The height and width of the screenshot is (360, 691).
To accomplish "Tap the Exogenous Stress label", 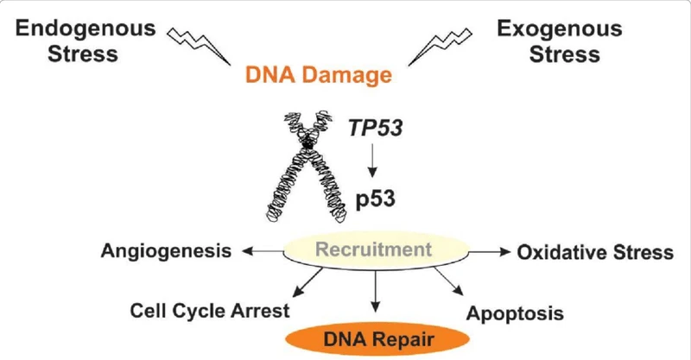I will tap(559, 40).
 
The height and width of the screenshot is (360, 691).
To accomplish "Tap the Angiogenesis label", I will tap(166, 252).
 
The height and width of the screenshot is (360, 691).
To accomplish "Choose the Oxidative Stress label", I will tap(595, 252).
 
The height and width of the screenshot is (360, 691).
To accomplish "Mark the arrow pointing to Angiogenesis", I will tap(263, 252).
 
